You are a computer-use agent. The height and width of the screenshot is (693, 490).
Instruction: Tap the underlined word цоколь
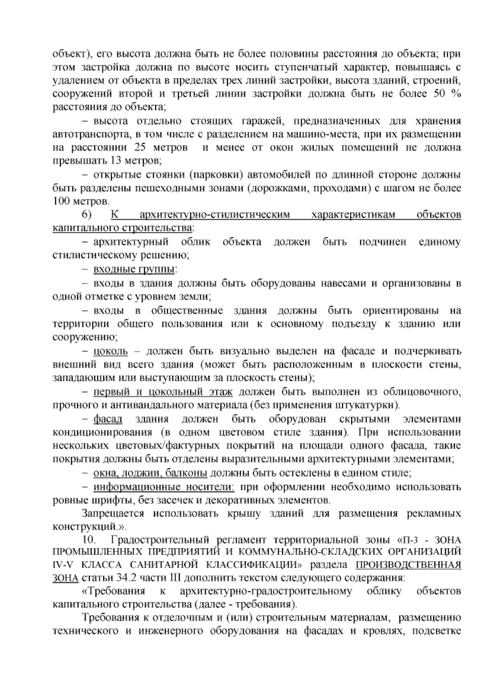[111, 351]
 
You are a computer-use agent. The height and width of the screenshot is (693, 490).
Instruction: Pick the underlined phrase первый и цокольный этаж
[163, 392]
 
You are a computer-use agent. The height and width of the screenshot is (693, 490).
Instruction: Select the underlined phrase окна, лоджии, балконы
[150, 474]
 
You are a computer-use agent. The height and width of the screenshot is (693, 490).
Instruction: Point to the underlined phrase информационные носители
[164, 487]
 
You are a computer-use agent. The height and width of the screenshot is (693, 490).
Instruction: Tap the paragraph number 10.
[89, 541]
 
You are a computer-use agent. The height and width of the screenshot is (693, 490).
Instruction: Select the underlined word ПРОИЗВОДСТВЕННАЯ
[408, 565]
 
